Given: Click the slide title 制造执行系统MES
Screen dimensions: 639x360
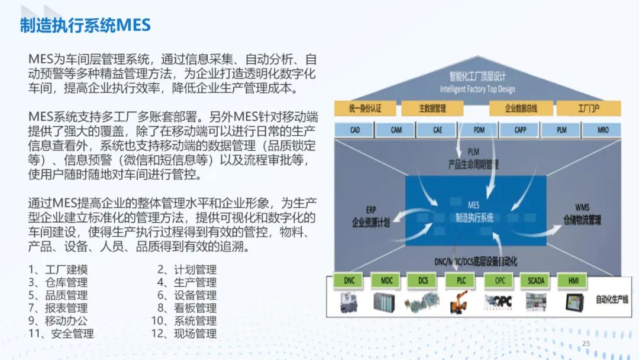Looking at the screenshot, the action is point(85,25).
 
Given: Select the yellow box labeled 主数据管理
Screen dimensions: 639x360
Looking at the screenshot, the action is point(433,109).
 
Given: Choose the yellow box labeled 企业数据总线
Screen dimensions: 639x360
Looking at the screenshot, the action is point(521,109).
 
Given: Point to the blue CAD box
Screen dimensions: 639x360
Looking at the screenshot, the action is point(354,130).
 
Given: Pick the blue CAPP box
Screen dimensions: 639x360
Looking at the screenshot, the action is point(520,130).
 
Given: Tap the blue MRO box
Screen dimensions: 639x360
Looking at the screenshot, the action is point(602,130).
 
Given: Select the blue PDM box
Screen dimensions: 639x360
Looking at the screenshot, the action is point(479,130).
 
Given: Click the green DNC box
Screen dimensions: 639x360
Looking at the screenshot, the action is point(350,280).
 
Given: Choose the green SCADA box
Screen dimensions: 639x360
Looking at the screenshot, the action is point(536,280).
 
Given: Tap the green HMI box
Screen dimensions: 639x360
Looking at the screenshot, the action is point(573,280).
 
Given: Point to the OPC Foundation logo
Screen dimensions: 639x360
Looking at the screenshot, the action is point(498,301).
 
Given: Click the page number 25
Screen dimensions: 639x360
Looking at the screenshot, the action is point(586,344).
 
